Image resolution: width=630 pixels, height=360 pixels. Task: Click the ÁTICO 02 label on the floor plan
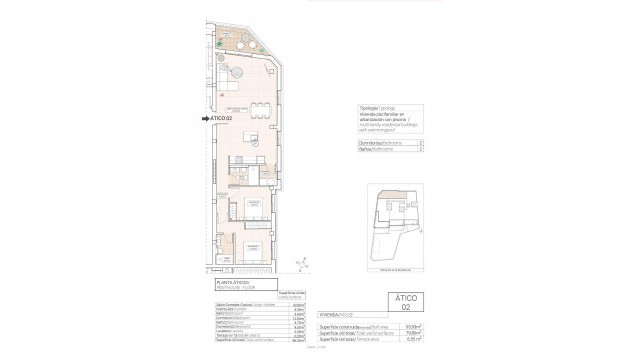(222, 118)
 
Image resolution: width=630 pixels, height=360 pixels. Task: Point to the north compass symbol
(300, 264)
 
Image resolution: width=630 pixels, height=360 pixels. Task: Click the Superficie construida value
(398, 328)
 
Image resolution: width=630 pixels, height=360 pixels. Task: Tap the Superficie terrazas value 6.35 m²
(398, 340)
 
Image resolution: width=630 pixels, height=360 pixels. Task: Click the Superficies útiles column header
(285, 295)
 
